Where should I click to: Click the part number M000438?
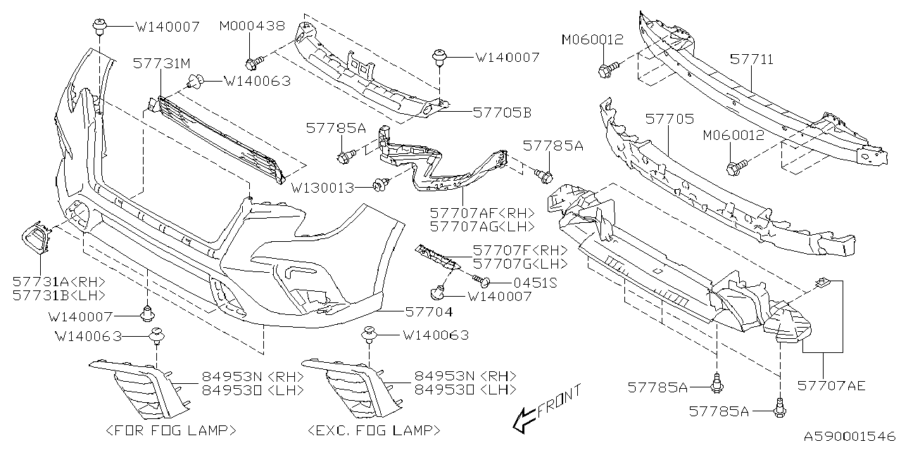(252, 26)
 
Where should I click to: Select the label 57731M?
(162, 63)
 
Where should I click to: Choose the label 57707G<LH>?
(510, 264)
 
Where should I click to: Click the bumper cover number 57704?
(429, 310)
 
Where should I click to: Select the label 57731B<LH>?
(58, 295)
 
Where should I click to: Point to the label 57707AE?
(831, 385)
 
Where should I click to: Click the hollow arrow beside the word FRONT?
(522, 420)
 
